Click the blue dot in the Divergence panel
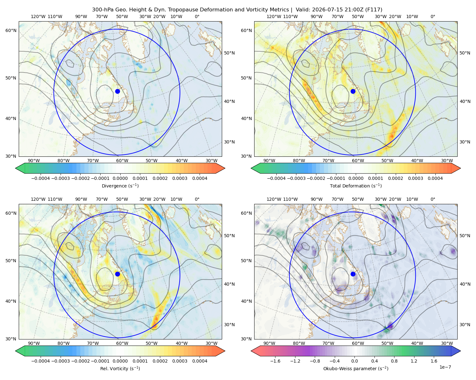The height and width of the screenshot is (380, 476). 117,91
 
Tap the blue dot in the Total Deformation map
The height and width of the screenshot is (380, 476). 353,91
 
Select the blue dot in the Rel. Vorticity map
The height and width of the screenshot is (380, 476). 117,274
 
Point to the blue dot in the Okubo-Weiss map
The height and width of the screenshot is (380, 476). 353,274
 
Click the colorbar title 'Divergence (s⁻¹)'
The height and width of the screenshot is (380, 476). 120,186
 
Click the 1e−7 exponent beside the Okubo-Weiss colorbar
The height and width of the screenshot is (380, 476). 445,367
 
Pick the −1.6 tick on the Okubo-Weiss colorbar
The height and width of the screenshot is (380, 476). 275,361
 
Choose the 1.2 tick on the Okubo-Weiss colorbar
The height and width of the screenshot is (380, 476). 414,361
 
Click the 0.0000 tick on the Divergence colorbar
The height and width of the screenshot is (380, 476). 120,178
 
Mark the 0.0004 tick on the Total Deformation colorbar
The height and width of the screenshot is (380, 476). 435,178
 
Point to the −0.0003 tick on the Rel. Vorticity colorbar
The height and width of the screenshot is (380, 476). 60,361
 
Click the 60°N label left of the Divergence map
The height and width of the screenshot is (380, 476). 11,30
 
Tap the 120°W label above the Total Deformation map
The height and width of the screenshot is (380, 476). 274,16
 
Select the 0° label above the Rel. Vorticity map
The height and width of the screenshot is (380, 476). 197,199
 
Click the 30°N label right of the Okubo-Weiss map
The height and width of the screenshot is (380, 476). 465,325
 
